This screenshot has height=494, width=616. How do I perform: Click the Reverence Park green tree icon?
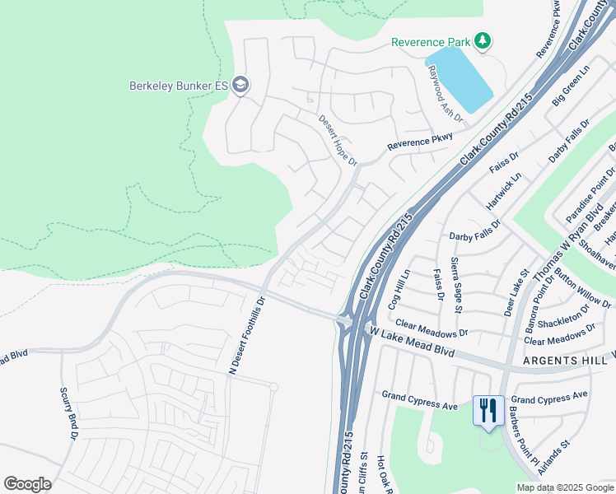pos(483,41)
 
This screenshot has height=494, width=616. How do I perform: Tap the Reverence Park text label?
pos(431,42)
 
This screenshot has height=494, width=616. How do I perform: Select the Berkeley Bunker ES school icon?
pos(240,85)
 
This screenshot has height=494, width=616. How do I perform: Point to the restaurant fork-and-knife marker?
pos(488,410)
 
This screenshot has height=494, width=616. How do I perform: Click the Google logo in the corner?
pos(27,484)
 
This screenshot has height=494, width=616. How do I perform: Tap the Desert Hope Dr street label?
pos(338,139)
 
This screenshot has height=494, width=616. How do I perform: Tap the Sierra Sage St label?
pos(455,285)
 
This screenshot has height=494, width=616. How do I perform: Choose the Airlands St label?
pos(553,458)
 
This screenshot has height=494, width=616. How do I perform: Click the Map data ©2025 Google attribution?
pos(564,487)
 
